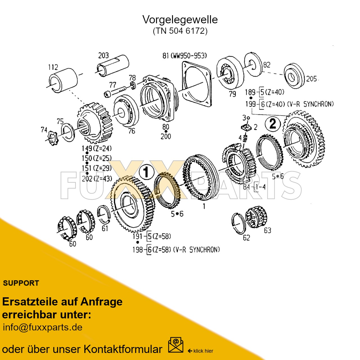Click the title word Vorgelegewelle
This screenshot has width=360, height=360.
(180, 20)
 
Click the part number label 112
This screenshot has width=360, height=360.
(53, 67)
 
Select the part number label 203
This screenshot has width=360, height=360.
(103, 55)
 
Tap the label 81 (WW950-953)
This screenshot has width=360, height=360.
(184, 56)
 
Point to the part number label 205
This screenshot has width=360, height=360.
(311, 79)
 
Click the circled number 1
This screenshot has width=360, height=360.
(146, 172)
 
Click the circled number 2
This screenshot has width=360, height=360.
(273, 124)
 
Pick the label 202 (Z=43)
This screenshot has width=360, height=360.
(97, 179)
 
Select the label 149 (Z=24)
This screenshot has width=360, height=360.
(97, 148)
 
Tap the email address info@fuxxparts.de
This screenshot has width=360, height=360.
(43, 327)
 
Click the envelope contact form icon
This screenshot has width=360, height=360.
(175, 345)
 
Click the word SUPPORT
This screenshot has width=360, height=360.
(21, 283)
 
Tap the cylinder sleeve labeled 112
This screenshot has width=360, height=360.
(63, 80)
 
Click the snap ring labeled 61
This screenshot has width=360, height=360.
(103, 213)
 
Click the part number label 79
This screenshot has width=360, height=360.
(232, 94)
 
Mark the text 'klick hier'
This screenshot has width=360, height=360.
(203, 351)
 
